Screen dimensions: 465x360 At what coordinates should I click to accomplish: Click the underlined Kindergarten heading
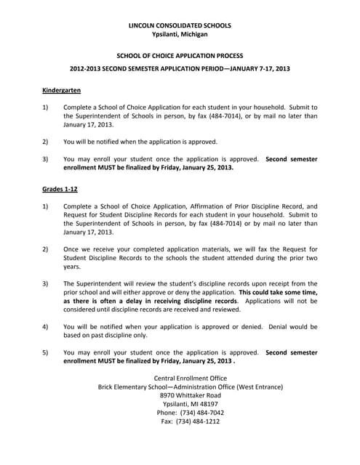(x=61, y=90)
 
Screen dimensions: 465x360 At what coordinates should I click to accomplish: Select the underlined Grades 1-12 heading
(x=60, y=189)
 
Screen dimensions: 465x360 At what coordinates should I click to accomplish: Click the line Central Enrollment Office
(x=191, y=379)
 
